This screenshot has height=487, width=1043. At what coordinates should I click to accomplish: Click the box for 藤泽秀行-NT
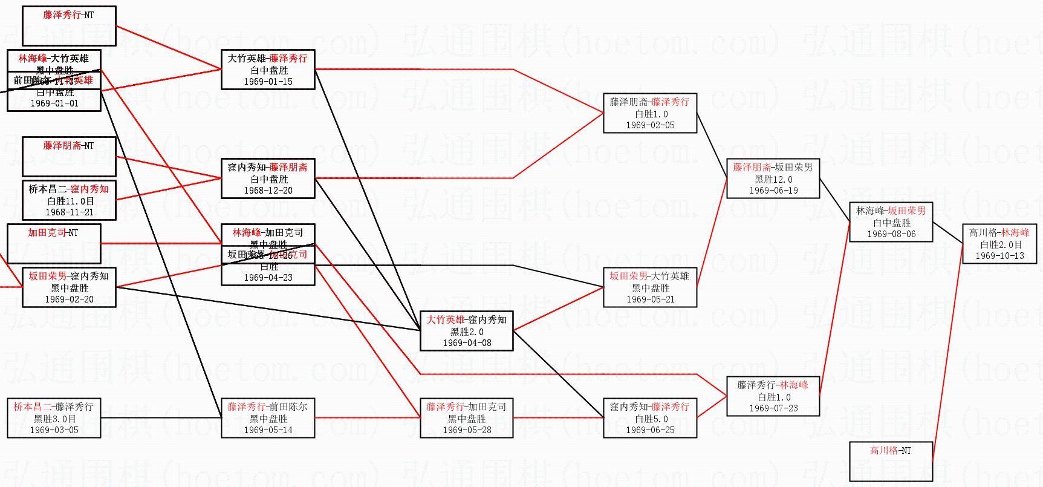tap(69, 26)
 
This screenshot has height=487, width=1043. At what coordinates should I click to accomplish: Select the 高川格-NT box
tap(891, 461)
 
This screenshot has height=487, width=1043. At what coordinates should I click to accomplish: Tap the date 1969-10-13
tap(999, 256)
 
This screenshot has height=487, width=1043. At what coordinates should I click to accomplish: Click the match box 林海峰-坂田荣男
tap(891, 222)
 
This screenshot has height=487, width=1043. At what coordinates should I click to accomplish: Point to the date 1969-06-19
tap(773, 191)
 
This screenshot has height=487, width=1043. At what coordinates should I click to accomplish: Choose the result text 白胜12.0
tap(773, 179)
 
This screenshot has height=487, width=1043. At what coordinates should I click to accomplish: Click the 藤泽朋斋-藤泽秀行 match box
tap(650, 113)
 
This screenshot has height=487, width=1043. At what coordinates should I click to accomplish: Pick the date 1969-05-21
tap(650, 299)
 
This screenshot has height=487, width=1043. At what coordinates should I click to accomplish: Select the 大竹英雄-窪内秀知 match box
tap(466, 331)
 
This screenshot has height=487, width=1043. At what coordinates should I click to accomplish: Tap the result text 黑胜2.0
tap(466, 332)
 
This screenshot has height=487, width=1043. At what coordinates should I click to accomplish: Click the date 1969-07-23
tap(773, 408)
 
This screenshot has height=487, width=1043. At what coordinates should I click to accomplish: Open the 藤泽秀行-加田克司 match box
tap(466, 417)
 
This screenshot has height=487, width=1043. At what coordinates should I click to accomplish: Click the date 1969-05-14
tap(268, 430)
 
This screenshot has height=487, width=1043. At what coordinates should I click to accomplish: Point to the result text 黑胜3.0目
tap(54, 419)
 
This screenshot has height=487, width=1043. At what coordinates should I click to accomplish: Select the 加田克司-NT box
tap(54, 243)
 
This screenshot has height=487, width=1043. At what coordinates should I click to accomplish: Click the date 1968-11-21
tap(69, 212)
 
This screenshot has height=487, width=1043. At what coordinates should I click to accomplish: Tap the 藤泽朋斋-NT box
tap(69, 157)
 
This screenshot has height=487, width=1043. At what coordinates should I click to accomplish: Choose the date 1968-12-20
tap(268, 191)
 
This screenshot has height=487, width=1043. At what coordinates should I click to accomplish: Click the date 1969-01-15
tap(268, 82)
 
